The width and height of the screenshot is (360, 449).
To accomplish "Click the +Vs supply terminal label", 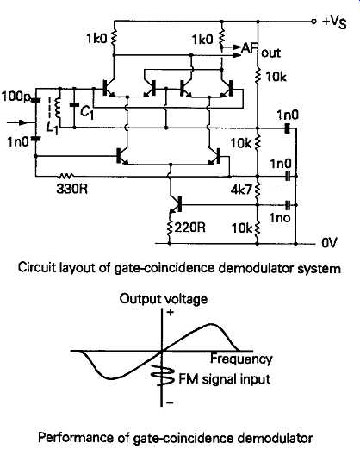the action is (x=334, y=22).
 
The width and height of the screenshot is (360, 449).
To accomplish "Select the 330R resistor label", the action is (x=72, y=189).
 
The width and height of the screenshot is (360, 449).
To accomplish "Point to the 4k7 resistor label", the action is (x=242, y=190).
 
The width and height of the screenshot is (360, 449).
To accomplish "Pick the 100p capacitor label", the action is (x=16, y=97).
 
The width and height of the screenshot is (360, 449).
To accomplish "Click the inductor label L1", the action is (x=53, y=128).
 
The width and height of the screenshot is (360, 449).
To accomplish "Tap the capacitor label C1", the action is (x=87, y=112).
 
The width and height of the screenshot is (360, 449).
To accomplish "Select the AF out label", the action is (x=261, y=51).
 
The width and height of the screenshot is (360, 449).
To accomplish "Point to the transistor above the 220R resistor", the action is (x=175, y=204).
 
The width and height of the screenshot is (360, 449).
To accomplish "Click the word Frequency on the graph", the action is (x=241, y=359).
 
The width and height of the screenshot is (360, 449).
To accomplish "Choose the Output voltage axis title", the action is (x=164, y=299).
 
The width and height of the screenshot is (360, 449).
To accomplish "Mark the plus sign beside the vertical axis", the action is (x=171, y=312).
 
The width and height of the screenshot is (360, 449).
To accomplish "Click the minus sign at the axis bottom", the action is (x=170, y=402).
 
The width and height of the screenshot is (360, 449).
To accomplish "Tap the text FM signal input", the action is (x=225, y=379).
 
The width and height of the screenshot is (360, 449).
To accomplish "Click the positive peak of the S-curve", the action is (x=211, y=324).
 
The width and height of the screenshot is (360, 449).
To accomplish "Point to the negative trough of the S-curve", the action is (x=111, y=378).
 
